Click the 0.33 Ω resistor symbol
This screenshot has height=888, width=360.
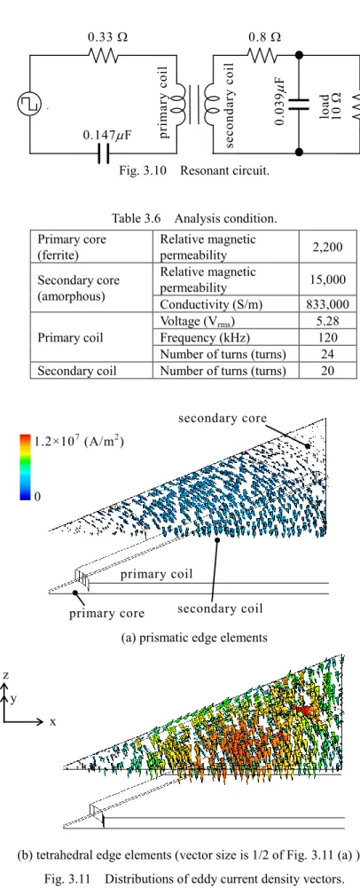pos(103,56)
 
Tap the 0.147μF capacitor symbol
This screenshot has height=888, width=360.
pos(104,153)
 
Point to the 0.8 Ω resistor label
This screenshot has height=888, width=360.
pos(265,37)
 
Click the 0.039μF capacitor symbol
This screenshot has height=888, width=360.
pos(299,103)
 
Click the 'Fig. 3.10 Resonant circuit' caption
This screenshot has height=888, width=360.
pos(193,170)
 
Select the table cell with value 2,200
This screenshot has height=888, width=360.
pos(329,247)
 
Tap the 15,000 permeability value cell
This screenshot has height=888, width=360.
pos(329,279)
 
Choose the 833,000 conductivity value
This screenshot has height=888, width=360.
pos(329,304)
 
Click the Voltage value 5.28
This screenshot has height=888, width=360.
pos(329,321)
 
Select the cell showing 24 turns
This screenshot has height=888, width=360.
pos(329,354)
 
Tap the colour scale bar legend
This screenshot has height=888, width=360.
pos(25,468)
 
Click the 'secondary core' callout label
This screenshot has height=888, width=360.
pos(223,419)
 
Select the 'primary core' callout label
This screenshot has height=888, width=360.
pos(107,613)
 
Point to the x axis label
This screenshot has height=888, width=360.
pos(53,722)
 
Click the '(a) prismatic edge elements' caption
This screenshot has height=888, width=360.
pos(194,638)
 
